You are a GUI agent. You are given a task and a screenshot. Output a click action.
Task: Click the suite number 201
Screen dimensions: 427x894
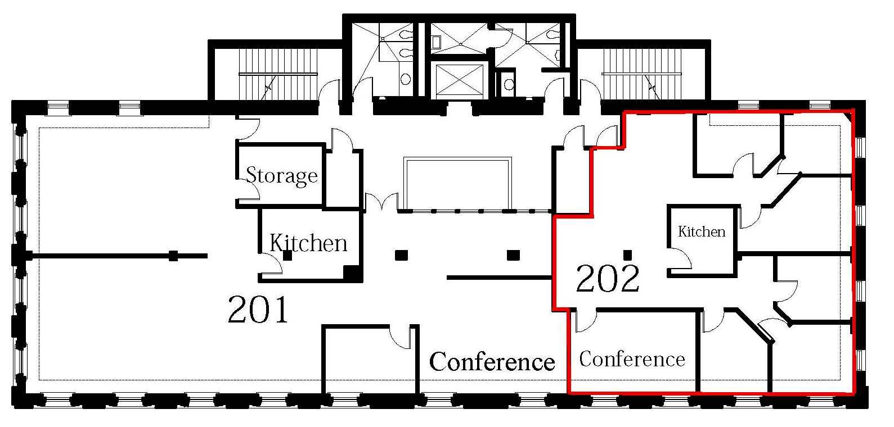[258, 310]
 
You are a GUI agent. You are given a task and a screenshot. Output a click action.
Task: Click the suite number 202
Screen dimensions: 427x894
[608, 279]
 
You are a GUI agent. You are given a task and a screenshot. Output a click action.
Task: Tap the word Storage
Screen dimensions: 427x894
[281, 175]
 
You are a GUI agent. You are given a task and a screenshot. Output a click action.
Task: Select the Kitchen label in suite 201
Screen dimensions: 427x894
[308, 243]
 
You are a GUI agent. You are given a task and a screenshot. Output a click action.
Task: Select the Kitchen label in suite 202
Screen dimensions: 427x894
[701, 231]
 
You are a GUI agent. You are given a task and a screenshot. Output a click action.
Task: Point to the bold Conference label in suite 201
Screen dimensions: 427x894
[492, 362]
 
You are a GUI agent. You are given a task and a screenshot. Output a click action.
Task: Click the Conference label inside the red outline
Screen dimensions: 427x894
[632, 358]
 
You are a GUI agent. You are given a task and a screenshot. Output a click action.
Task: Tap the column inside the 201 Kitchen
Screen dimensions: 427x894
[287, 256]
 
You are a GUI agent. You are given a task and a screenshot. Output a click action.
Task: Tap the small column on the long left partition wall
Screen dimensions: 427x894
[173, 256]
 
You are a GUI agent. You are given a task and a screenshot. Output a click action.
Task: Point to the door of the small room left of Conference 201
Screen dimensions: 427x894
[401, 337]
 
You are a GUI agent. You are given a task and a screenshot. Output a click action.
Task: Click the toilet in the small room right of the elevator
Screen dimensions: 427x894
[509, 85]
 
